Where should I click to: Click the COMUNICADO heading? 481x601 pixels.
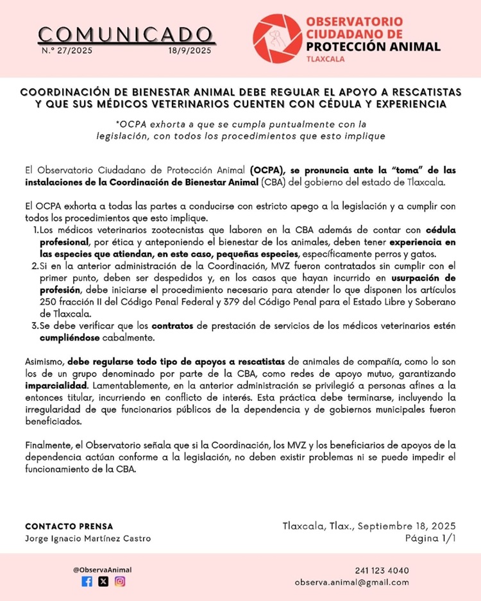point(124,33)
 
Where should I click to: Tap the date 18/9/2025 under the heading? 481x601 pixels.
point(189,50)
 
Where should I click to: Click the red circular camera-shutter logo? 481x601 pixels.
point(276,37)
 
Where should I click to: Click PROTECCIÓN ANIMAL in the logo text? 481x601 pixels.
point(373,46)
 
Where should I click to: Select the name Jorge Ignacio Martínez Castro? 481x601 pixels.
point(88,538)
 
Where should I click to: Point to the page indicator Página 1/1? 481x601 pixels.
point(430,538)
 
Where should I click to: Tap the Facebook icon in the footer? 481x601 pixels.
point(87,581)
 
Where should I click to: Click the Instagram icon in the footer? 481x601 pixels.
point(120,581)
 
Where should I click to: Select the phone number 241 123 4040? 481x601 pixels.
point(382,570)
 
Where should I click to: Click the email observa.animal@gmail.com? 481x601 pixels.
point(351,582)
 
